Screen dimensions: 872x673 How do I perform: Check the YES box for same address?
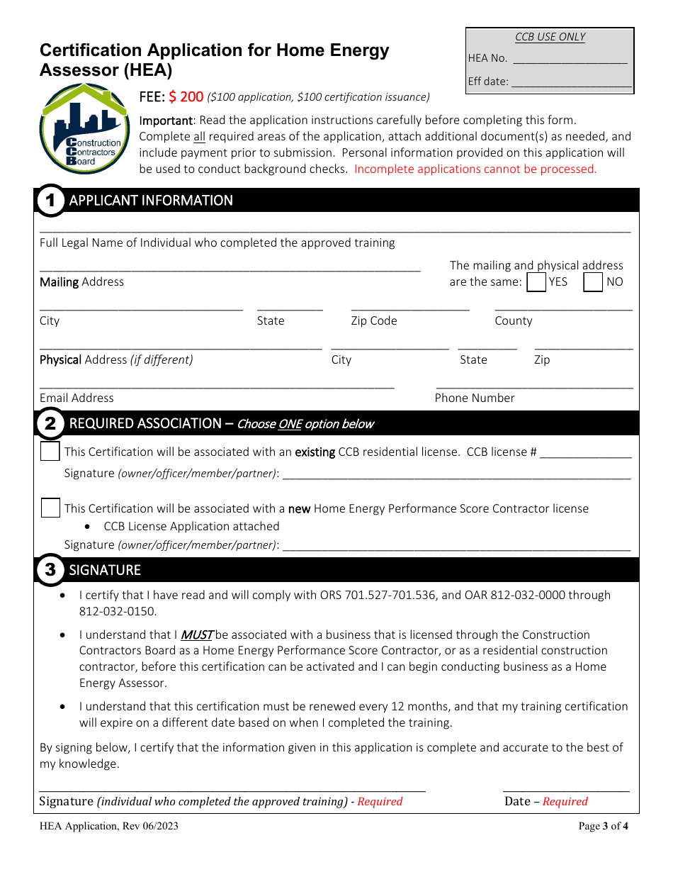537,282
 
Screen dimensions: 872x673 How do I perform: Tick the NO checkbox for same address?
593,282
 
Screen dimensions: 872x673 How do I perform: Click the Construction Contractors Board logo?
84,128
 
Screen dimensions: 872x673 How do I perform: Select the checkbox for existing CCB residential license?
50,451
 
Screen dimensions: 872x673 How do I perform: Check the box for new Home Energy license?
50,508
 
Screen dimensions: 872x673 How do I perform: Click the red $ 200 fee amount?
186,96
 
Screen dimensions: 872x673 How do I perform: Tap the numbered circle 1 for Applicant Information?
50,200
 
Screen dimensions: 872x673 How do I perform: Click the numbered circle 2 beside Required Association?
50,424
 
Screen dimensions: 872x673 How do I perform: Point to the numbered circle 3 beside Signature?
50,570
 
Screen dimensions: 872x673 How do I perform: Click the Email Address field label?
77,398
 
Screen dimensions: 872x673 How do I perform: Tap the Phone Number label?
475,398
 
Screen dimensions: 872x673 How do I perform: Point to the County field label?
513,320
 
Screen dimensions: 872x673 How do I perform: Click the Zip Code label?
374,320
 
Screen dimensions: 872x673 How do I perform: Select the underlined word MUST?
196,635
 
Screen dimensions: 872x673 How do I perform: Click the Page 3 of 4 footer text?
603,826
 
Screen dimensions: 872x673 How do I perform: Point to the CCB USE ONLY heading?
550,37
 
